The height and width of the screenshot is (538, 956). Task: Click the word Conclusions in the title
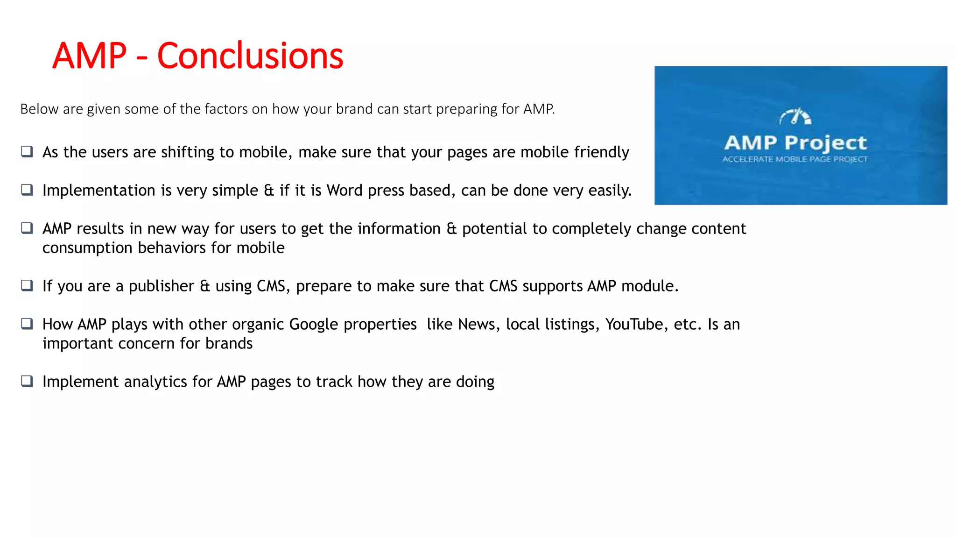(250, 56)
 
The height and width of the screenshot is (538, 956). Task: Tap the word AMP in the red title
(90, 56)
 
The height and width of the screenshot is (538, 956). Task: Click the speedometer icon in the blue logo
(795, 116)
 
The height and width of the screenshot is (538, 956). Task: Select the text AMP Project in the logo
(795, 142)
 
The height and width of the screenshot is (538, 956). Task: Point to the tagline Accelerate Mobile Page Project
(795, 159)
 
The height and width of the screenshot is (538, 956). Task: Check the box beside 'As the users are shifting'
(27, 151)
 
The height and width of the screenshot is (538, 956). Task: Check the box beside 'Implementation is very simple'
(27, 190)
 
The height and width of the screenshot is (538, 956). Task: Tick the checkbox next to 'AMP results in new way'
(27, 228)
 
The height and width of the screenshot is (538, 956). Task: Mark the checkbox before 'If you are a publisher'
(27, 285)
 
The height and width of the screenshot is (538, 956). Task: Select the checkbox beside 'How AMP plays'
(27, 324)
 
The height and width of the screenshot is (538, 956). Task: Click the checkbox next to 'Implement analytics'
(27, 381)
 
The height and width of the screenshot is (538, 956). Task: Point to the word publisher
(161, 286)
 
